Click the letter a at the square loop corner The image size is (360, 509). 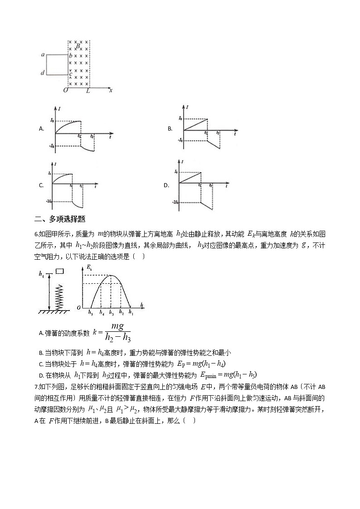click(x=43, y=55)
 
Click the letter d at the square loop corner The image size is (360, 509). click(x=43, y=73)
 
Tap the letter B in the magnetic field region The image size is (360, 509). click(x=78, y=46)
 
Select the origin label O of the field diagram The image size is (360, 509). click(x=66, y=90)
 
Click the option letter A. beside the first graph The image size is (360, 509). click(x=41, y=129)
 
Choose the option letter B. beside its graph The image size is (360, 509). click(x=170, y=129)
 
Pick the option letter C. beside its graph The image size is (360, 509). click(x=41, y=185)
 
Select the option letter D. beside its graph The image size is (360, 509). click(x=166, y=185)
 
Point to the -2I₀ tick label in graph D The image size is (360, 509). click(x=174, y=201)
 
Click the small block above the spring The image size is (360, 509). click(x=60, y=271)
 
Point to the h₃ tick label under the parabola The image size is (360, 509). click(x=111, y=312)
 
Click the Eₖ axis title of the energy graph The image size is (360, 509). click(x=88, y=269)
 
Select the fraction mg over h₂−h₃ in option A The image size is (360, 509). click(x=117, y=333)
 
